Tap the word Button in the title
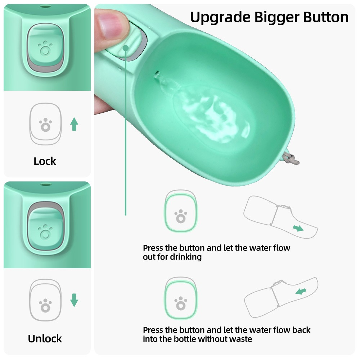[x=326, y=17]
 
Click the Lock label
[x=45, y=161]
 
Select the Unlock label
[x=45, y=338]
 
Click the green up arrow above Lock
[x=74, y=124]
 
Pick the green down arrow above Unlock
[x=74, y=300]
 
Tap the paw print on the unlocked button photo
[x=45, y=231]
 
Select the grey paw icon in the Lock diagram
[x=45, y=124]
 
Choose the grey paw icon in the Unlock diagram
[x=45, y=305]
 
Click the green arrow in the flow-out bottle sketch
[x=298, y=228]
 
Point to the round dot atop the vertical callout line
[x=126, y=48]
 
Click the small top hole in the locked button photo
[x=45, y=6]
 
